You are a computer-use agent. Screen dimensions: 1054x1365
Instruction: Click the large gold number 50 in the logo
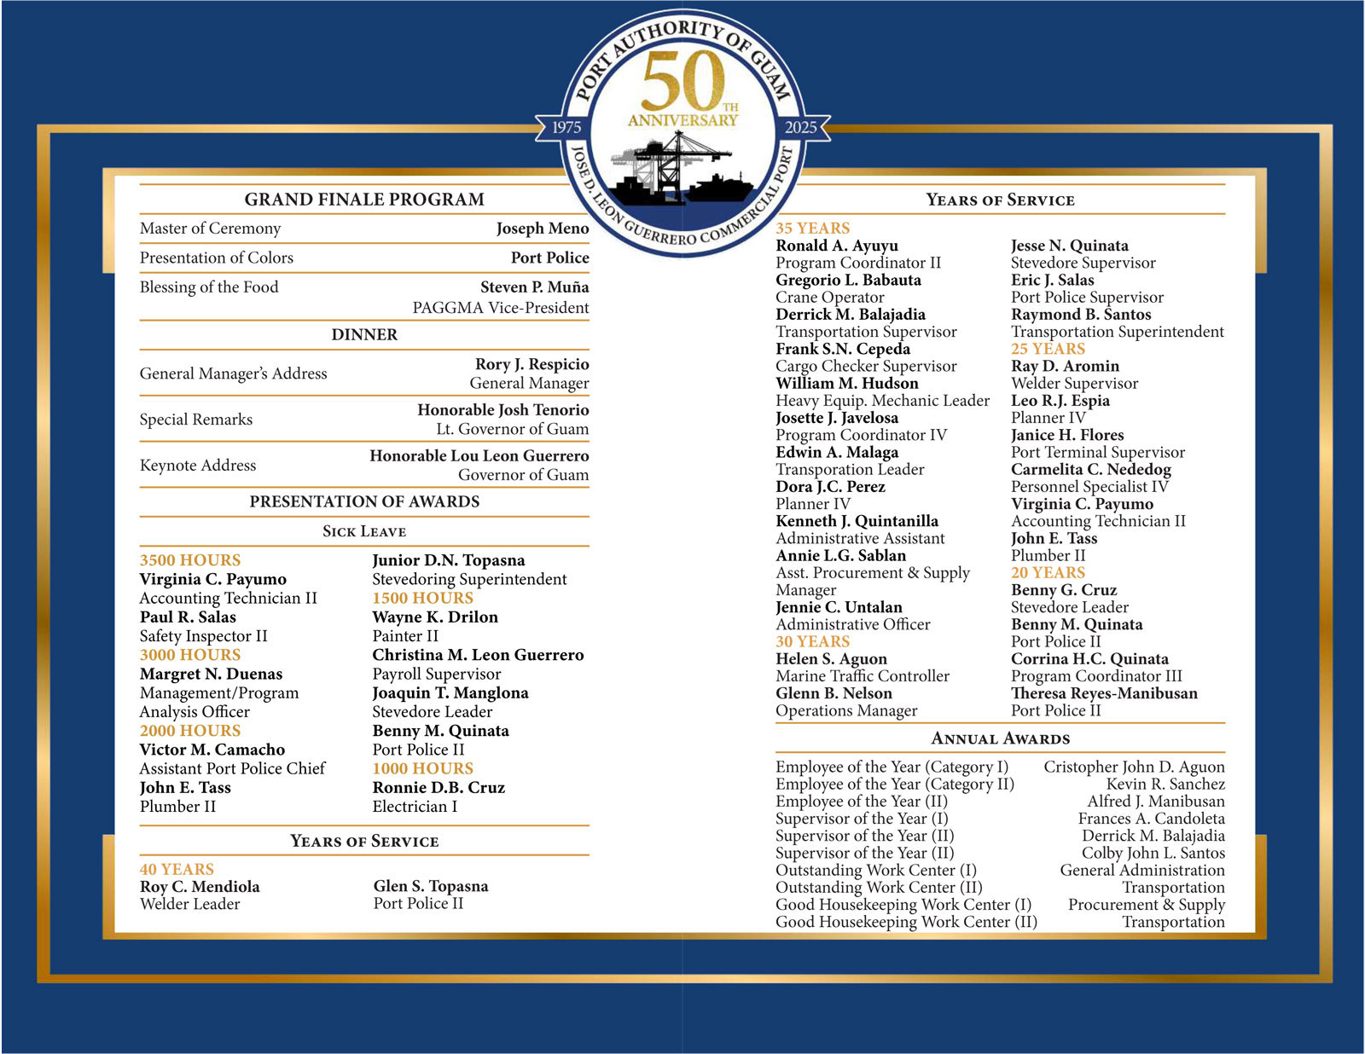[682, 80]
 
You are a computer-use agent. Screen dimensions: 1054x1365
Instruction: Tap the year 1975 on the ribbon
[566, 127]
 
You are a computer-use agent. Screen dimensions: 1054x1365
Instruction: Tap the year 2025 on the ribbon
[800, 127]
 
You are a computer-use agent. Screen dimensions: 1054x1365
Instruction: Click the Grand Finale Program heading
[364, 200]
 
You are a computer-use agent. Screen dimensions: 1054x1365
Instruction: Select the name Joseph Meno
[543, 229]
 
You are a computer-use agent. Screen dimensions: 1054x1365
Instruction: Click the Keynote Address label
[198, 465]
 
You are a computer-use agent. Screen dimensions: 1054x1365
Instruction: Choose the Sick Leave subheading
[364, 531]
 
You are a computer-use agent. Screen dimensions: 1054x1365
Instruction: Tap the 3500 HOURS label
[190, 560]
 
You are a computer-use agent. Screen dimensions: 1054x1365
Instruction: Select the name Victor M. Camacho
[212, 750]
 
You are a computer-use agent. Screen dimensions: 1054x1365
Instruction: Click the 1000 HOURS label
[422, 768]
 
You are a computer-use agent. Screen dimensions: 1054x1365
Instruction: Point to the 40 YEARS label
[177, 869]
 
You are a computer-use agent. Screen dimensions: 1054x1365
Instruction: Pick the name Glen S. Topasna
[431, 886]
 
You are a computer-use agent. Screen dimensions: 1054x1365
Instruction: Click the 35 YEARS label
[812, 229]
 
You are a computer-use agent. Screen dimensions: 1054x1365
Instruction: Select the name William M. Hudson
[847, 383]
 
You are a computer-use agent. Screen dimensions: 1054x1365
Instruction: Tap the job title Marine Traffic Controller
[863, 675]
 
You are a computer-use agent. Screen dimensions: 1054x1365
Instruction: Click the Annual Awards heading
[1000, 738]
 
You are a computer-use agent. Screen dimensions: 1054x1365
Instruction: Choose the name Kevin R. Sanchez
[1165, 784]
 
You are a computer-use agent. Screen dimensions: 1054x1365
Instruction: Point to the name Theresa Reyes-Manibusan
[1104, 692]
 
